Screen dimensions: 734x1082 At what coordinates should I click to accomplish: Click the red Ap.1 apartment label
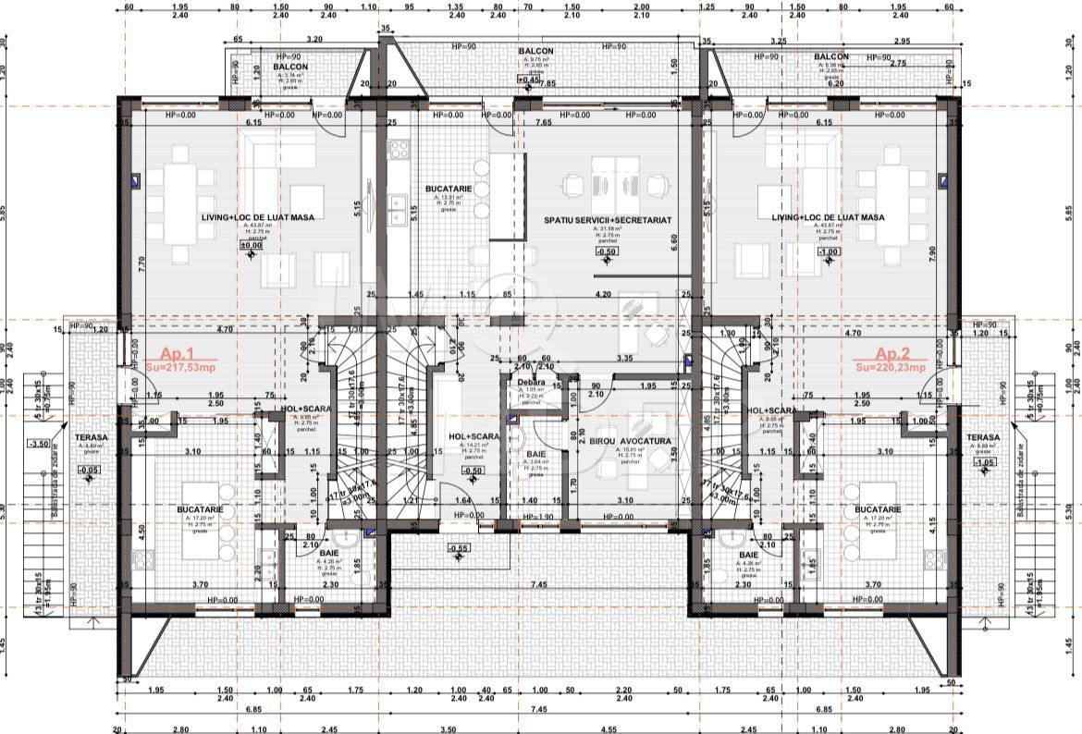tap(177, 354)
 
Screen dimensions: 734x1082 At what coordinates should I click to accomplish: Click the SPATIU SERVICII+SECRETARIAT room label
tap(607, 220)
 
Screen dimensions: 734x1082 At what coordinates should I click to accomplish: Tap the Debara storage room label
tap(532, 382)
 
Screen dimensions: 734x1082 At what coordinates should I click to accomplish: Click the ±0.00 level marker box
tap(251, 246)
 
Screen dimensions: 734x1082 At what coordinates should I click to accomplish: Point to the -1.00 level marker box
tap(829, 251)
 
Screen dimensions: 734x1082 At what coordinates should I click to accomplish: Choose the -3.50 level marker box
tap(64, 444)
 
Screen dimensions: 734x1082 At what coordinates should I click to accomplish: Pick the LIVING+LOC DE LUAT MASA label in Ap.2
tap(829, 217)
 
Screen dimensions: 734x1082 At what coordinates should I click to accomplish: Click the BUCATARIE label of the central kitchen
tap(449, 189)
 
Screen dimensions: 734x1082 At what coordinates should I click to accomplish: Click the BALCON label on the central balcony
tap(535, 52)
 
